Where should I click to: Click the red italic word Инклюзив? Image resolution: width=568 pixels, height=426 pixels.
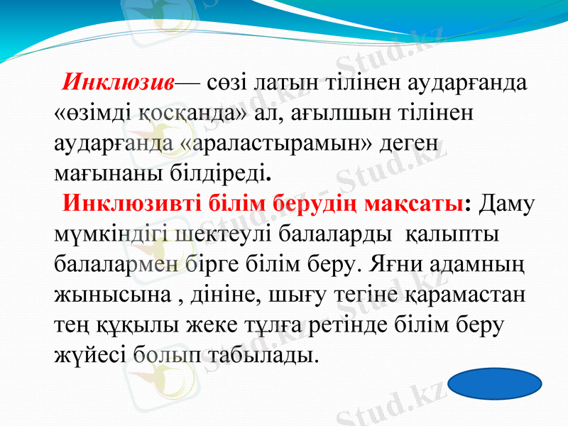pos(118,82)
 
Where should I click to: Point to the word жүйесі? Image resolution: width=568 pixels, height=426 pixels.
pos(89,353)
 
